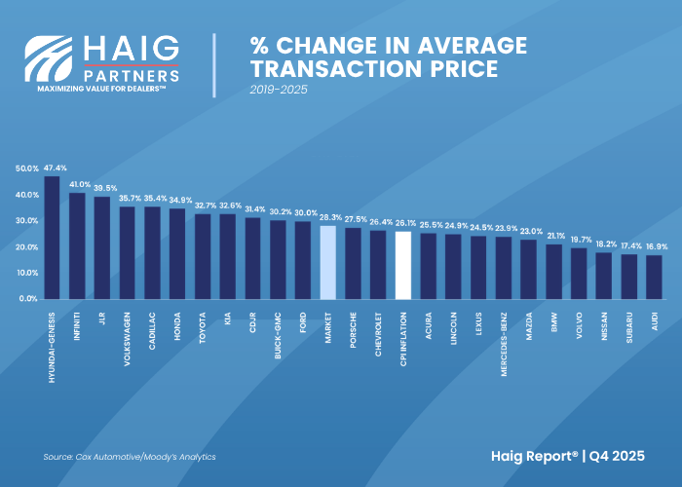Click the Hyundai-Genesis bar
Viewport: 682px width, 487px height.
[x=52, y=238]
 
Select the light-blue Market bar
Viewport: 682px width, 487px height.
[x=328, y=262]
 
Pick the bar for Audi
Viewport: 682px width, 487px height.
[x=654, y=277]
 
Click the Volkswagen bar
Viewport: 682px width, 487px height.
[x=127, y=252]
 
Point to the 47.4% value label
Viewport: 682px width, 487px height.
[x=55, y=169]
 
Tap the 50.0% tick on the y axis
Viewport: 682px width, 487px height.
[x=26, y=169]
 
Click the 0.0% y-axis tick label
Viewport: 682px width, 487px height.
[x=28, y=299]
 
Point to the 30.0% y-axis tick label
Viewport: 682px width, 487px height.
[x=26, y=221]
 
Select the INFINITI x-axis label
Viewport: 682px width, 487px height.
[x=77, y=330]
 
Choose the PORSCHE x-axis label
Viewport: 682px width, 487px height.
[x=353, y=329]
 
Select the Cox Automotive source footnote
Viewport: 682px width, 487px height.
[x=130, y=457]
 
